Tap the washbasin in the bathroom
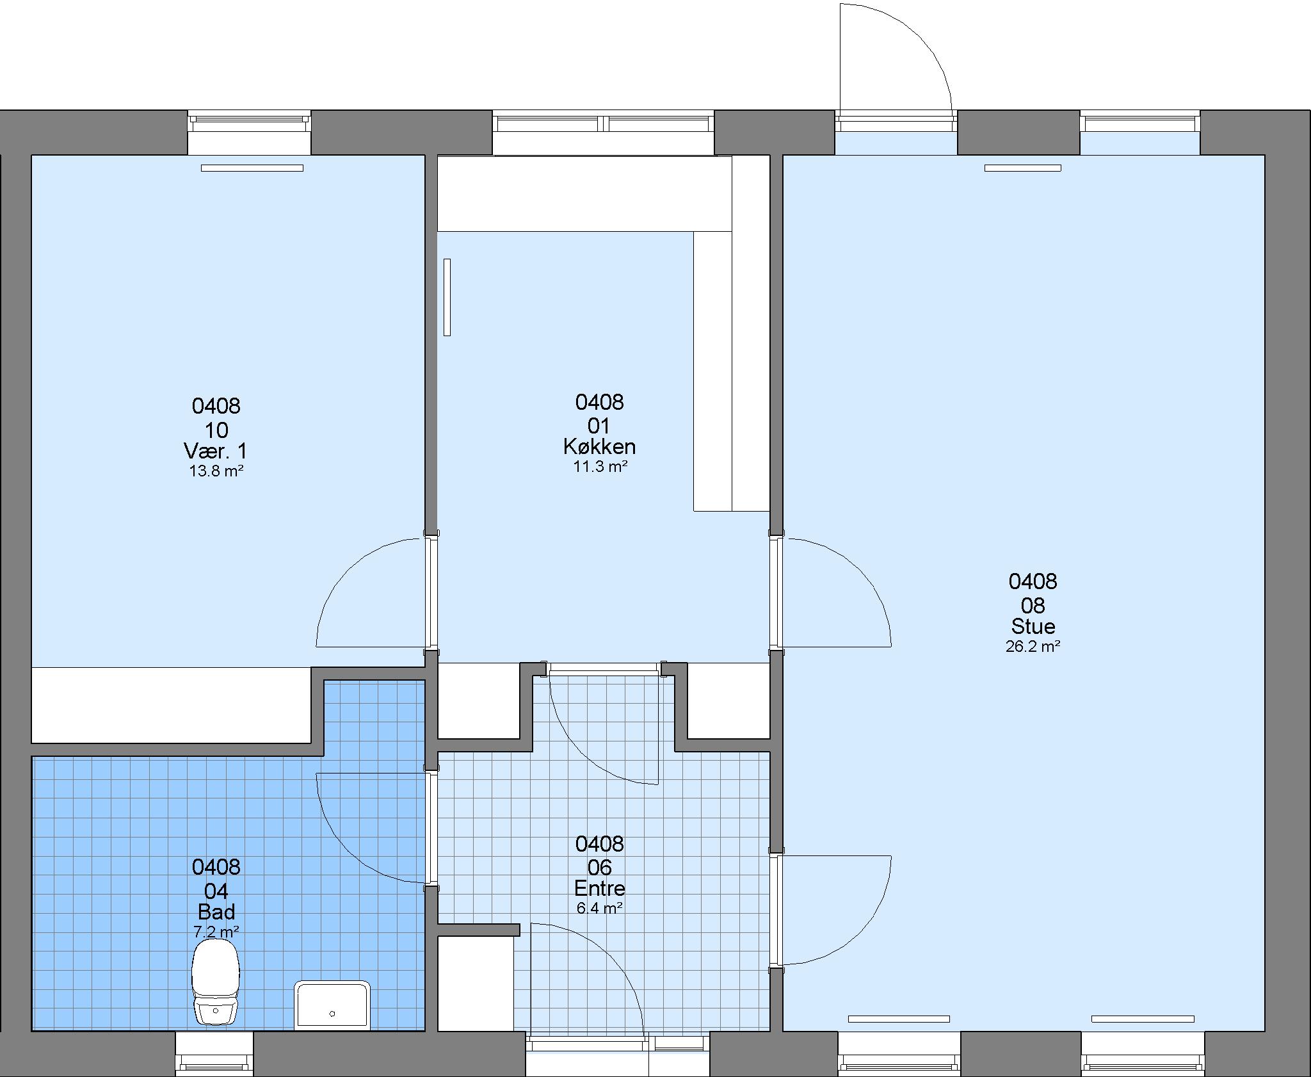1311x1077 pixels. point(332,1005)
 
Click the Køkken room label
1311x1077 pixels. point(600,446)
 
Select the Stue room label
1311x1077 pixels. point(1033,626)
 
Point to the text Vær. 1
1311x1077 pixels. point(216,451)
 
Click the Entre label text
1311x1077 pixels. point(600,888)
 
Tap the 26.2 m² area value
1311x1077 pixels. point(1033,646)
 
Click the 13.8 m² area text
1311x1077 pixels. point(216,471)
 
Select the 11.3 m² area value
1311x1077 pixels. point(600,467)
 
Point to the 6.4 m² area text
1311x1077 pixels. point(600,908)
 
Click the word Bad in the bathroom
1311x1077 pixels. point(216,911)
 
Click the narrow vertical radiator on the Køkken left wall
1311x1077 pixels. point(447,297)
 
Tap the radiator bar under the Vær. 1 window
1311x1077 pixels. point(252,168)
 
